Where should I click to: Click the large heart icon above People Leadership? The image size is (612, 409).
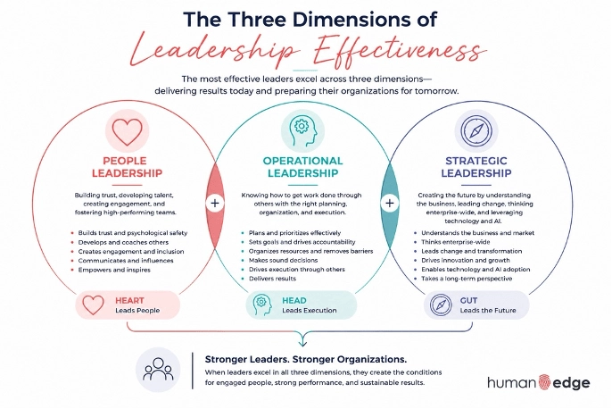[x=128, y=131]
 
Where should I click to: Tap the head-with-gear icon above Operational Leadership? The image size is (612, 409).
[x=303, y=131]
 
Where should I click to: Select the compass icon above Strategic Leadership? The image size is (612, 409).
[x=476, y=131]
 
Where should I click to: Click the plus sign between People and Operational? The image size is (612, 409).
[x=215, y=203]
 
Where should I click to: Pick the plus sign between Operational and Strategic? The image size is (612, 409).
[x=390, y=203]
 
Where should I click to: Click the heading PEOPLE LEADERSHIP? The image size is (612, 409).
[x=128, y=167]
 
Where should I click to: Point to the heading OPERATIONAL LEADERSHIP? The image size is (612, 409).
[x=303, y=167]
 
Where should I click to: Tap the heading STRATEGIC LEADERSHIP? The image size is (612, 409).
[x=476, y=167]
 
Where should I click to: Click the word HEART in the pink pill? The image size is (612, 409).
[x=129, y=300]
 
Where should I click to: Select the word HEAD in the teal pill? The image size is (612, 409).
[x=294, y=300]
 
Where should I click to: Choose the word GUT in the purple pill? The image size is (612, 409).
[x=468, y=300]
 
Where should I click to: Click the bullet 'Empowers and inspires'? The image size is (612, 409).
[x=114, y=270]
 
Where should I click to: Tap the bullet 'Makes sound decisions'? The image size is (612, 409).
[x=284, y=260]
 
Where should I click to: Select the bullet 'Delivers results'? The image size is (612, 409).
[x=272, y=279]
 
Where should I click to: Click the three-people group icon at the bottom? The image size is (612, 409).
[x=158, y=369]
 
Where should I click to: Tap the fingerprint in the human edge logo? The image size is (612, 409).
[x=544, y=382]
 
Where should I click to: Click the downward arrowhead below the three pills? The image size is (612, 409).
[x=302, y=343]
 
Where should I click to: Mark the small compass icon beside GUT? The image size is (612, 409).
[x=441, y=305]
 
